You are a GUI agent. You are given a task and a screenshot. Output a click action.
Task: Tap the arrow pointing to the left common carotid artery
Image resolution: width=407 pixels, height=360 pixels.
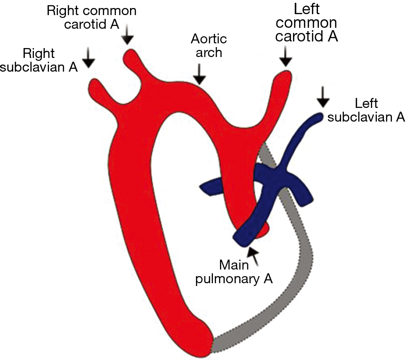pos(285,57)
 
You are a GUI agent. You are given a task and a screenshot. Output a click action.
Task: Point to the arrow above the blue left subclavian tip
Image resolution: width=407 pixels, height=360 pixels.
pos(323,97)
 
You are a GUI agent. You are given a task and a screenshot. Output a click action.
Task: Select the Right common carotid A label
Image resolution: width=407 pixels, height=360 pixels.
pos(91,17)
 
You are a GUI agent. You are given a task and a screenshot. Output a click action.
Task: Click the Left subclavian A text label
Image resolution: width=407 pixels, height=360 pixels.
pos(366,110)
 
